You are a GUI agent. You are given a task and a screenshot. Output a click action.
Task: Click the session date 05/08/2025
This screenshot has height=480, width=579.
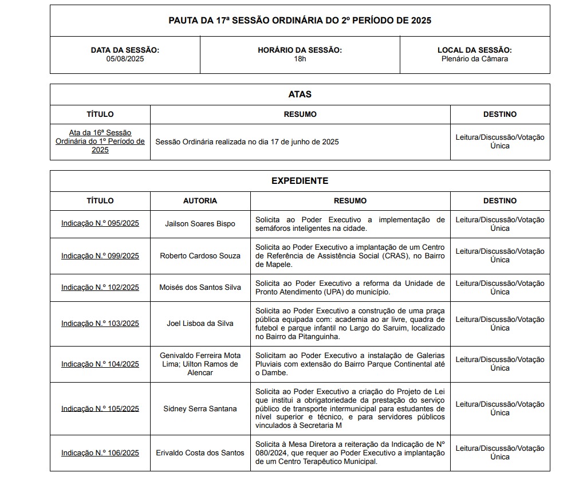(125, 58)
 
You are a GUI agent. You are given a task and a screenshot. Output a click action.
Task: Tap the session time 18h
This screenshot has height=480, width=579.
(300, 58)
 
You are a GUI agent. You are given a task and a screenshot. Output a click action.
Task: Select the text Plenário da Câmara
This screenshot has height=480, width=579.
(474, 58)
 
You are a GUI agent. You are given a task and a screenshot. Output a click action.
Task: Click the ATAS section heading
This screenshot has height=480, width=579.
(300, 94)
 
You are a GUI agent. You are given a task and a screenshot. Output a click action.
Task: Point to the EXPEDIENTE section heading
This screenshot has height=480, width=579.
(300, 180)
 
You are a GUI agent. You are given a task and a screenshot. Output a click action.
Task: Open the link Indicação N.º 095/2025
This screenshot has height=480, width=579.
(100, 224)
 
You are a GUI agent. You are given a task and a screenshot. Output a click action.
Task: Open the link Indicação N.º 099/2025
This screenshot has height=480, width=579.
(100, 255)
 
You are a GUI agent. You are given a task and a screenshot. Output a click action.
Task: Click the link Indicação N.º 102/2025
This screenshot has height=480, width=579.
(100, 288)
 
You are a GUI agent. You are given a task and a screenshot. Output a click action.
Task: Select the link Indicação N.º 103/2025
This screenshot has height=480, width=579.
(100, 324)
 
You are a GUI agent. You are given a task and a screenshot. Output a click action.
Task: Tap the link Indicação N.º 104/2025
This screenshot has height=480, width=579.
(100, 364)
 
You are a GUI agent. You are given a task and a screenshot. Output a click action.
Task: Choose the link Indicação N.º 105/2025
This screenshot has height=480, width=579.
(100, 408)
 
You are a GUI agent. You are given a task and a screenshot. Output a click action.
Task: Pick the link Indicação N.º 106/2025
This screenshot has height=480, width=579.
(100, 453)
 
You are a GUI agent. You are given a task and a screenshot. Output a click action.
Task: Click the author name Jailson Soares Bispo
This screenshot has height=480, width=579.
(200, 224)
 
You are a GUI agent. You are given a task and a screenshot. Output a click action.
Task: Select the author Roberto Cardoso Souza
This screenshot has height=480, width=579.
(200, 255)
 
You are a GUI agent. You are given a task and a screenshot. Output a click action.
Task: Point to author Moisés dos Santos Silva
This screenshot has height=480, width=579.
(200, 288)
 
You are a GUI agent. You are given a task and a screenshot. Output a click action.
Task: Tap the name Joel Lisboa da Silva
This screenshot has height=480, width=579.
(200, 324)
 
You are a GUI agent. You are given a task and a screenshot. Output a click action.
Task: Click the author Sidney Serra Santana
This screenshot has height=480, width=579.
(200, 408)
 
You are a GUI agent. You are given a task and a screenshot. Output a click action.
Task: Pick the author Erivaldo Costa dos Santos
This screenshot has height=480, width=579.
(200, 453)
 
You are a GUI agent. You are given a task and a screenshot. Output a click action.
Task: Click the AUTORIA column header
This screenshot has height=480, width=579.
(200, 200)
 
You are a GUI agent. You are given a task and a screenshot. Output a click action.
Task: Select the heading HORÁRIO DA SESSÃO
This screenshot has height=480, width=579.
(300, 50)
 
